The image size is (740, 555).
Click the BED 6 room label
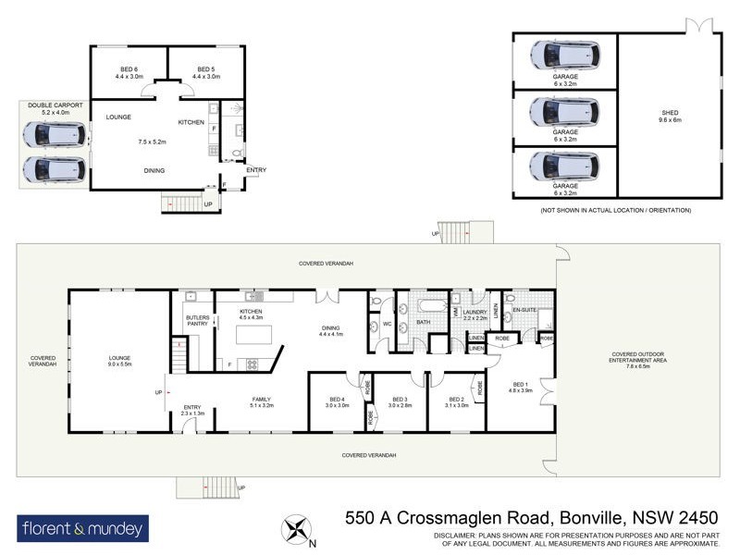pyautogui.click(x=129, y=69)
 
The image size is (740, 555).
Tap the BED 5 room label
pyautogui.click(x=205, y=69)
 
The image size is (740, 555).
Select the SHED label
pyautogui.click(x=669, y=113)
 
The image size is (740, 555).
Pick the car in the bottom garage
pyautogui.click(x=564, y=166)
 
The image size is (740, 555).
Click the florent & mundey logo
pyautogui.click(x=82, y=529)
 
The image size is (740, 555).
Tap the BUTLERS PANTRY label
pyautogui.click(x=198, y=321)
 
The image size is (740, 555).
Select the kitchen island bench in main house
pyautogui.click(x=254, y=335)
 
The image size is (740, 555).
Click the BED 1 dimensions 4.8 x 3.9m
pyautogui.click(x=520, y=391)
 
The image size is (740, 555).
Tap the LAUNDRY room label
pyautogui.click(x=475, y=312)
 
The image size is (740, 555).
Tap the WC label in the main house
pyautogui.click(x=388, y=324)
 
